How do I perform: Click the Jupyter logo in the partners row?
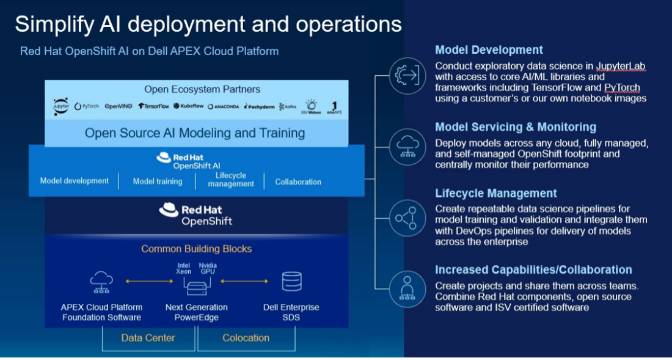(61, 106)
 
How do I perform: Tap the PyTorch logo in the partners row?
(87, 106)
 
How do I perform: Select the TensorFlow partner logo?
(153, 106)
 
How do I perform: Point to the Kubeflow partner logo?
(188, 106)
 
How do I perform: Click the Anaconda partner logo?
(224, 106)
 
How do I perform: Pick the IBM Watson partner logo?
(311, 106)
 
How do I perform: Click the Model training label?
(157, 182)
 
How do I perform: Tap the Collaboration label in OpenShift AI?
(298, 182)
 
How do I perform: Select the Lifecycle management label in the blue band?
(230, 180)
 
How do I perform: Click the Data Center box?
(148, 338)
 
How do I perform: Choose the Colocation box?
(246, 338)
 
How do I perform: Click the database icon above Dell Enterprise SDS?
(291, 282)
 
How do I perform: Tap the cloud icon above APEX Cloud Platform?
(101, 282)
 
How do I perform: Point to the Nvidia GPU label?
(208, 268)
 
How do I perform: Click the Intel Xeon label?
(184, 268)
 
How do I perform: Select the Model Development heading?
(489, 50)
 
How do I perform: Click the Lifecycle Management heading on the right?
(495, 193)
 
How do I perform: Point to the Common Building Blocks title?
(196, 249)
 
